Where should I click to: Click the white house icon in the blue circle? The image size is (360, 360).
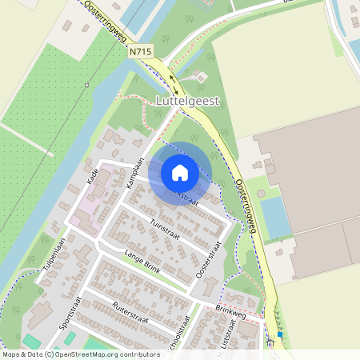pyautogui.click(x=179, y=173)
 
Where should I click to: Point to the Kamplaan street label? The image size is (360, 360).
pyautogui.click(x=134, y=172)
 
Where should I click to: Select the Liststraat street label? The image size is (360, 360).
pyautogui.click(x=226, y=339)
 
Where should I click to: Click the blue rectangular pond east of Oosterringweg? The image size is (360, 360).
pyautogui.click(x=275, y=217)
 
